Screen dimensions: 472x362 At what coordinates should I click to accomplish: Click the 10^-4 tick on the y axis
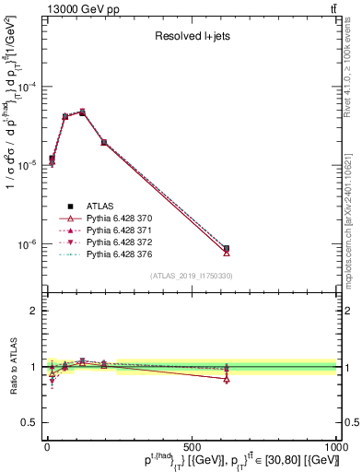point(26,87)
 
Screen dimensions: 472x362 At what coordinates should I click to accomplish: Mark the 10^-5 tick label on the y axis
point(26,166)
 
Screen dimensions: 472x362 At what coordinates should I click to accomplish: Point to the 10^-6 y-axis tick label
point(26,245)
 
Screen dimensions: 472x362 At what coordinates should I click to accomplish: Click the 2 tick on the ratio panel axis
point(33,311)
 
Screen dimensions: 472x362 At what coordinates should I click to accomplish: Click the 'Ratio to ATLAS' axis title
point(11,367)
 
